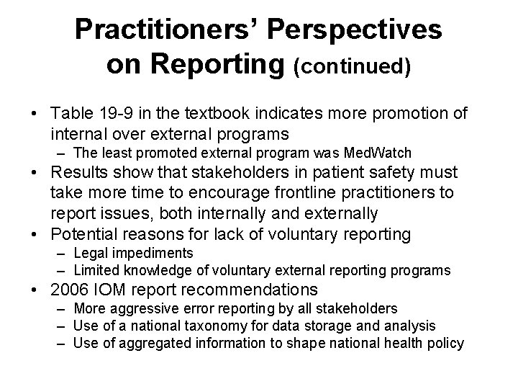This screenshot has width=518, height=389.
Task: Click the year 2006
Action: [x=69, y=290]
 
